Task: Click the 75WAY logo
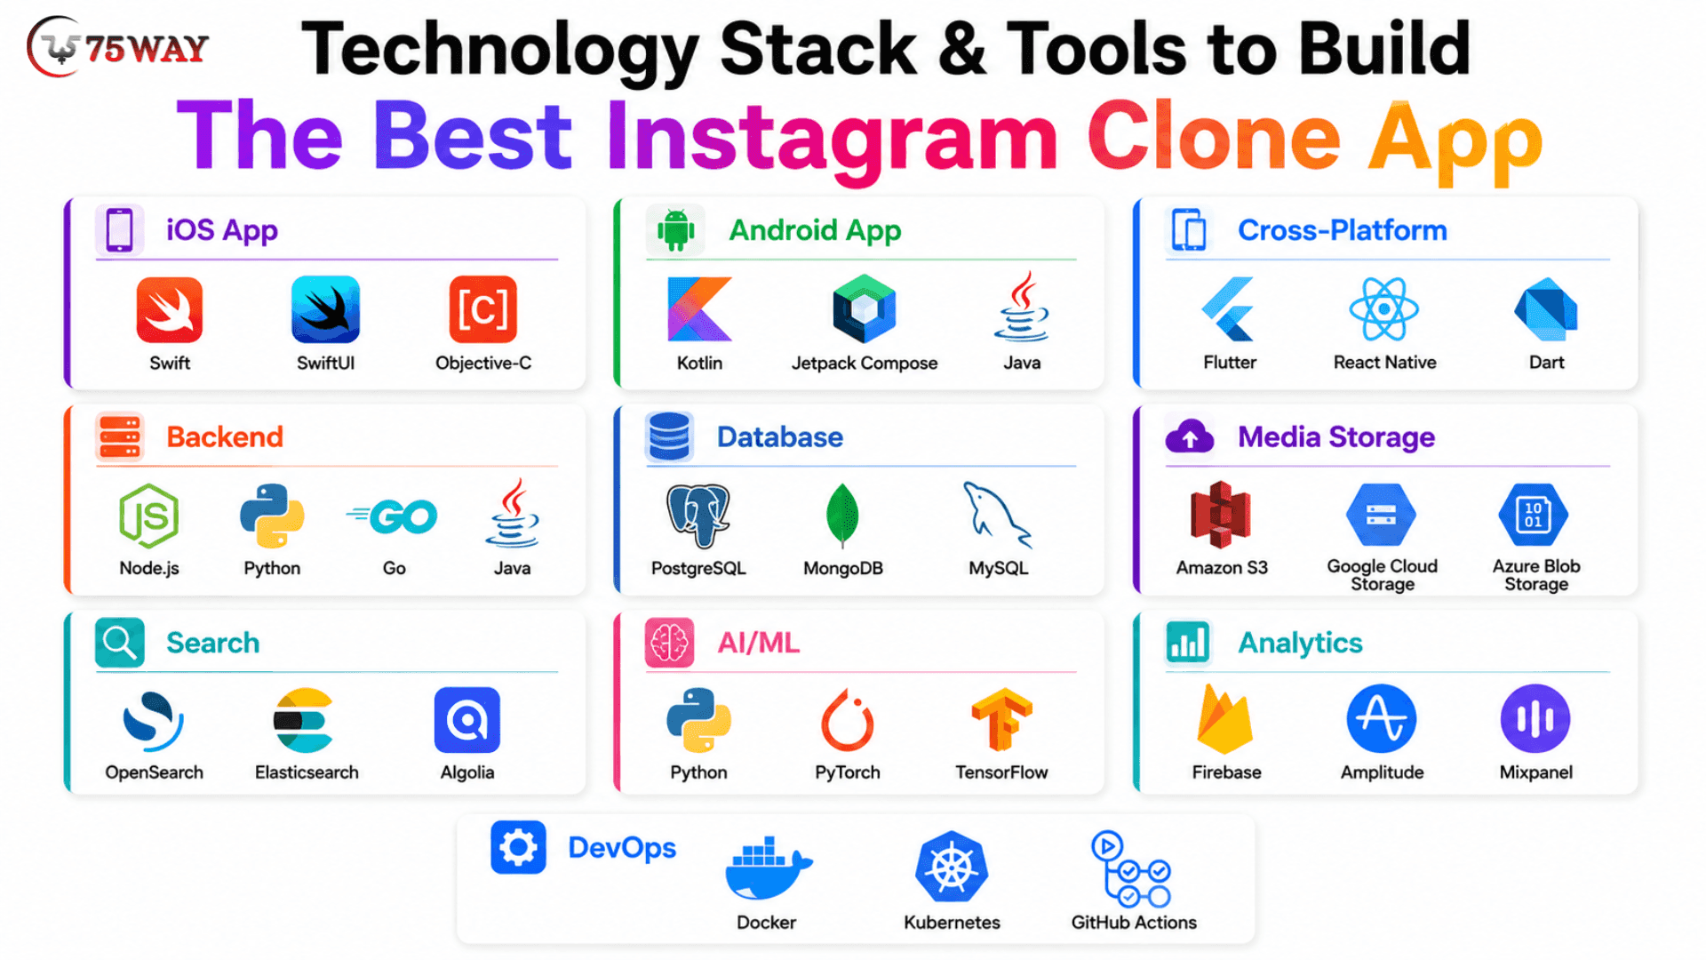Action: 118,47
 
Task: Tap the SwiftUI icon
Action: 325,309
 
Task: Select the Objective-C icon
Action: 482,309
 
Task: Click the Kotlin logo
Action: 699,309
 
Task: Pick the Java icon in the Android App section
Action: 1022,307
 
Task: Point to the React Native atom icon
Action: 1383,308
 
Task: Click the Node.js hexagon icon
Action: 149,516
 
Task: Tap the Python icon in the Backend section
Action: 272,516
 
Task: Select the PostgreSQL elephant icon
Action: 698,516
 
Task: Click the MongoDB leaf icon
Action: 842,515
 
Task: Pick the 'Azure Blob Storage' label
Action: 1536,575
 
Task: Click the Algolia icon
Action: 467,720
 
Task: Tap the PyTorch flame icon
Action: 847,720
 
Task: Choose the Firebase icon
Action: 1225,719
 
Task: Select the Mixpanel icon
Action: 1535,718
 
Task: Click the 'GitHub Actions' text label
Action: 1134,923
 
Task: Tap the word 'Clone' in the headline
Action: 1213,137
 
